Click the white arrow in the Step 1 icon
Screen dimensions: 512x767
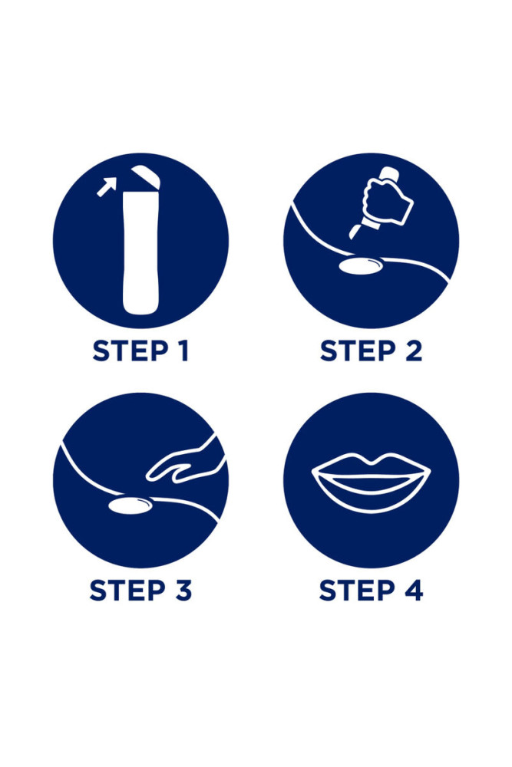click(107, 186)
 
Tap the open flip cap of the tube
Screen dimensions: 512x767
click(145, 176)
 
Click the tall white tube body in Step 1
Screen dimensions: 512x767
click(140, 252)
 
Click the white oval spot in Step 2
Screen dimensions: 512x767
click(362, 266)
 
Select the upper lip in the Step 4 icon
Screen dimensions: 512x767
click(371, 466)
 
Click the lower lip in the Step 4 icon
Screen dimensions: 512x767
click(371, 494)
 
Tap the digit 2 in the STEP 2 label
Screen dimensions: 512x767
click(414, 351)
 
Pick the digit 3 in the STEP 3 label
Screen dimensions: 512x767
click(183, 590)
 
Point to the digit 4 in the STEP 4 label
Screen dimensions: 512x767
click(414, 590)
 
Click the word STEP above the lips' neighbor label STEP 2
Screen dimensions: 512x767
click(357, 351)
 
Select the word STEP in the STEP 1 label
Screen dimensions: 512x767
click(130, 351)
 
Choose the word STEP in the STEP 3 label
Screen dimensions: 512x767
click(127, 590)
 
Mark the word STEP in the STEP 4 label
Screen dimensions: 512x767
click(357, 590)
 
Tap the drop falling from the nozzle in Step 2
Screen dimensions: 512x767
click(352, 232)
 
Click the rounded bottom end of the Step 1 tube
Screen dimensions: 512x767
click(141, 308)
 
